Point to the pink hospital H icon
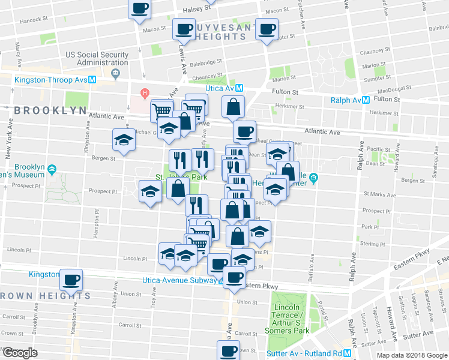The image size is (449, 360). [x=144, y=93]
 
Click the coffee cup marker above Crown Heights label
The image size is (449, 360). [x=71, y=279]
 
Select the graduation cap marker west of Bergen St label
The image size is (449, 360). [x=124, y=140]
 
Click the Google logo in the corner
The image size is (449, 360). [x=20, y=352]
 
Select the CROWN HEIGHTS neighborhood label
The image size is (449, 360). [x=46, y=295]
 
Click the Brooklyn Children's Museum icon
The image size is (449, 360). [x=53, y=170]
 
